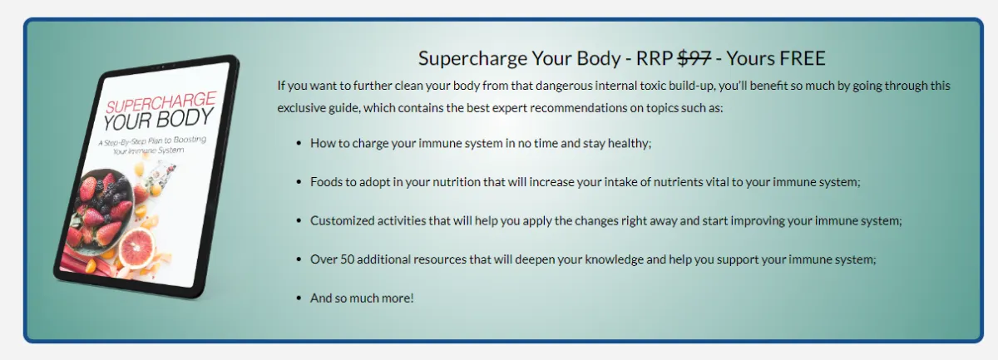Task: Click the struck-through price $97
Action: (694, 58)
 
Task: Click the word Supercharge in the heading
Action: (473, 59)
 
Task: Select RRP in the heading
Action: (654, 58)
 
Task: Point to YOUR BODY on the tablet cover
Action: (159, 120)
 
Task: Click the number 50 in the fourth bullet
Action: (347, 259)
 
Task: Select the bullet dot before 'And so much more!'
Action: (299, 298)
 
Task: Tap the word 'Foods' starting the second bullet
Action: (326, 182)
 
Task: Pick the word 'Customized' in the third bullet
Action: (342, 220)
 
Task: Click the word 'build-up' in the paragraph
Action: (691, 86)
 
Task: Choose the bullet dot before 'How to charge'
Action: (299, 144)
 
